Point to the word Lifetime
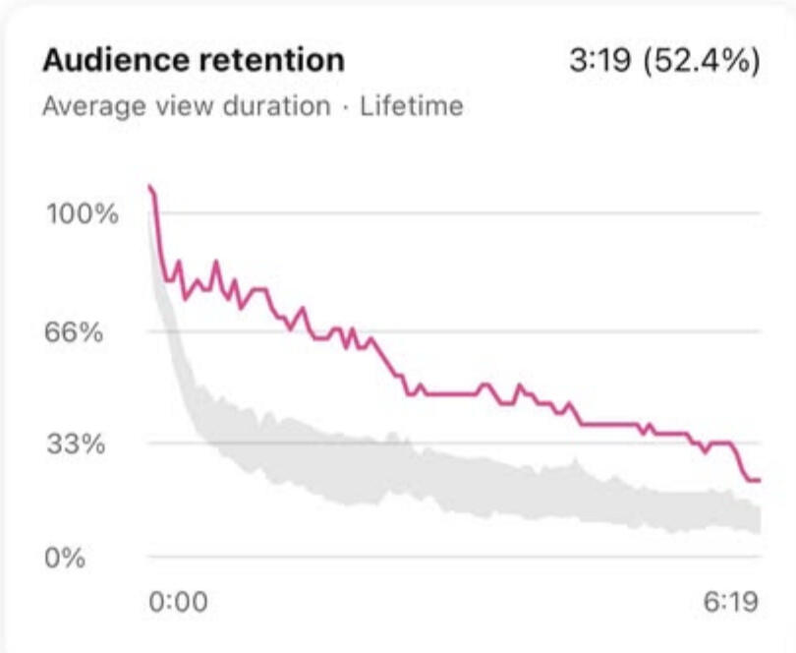[411, 106]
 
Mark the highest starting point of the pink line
[149, 186]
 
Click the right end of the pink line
[759, 480]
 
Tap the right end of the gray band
[759, 519]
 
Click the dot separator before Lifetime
[345, 106]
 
